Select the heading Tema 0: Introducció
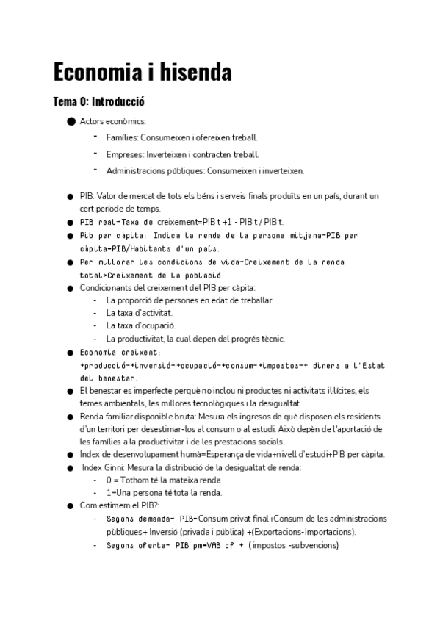104,102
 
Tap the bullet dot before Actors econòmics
71,121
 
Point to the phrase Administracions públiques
154,170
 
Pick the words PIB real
98,222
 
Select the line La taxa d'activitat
140,313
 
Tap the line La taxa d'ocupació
141,325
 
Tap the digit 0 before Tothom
109,480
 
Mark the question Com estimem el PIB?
120,505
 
